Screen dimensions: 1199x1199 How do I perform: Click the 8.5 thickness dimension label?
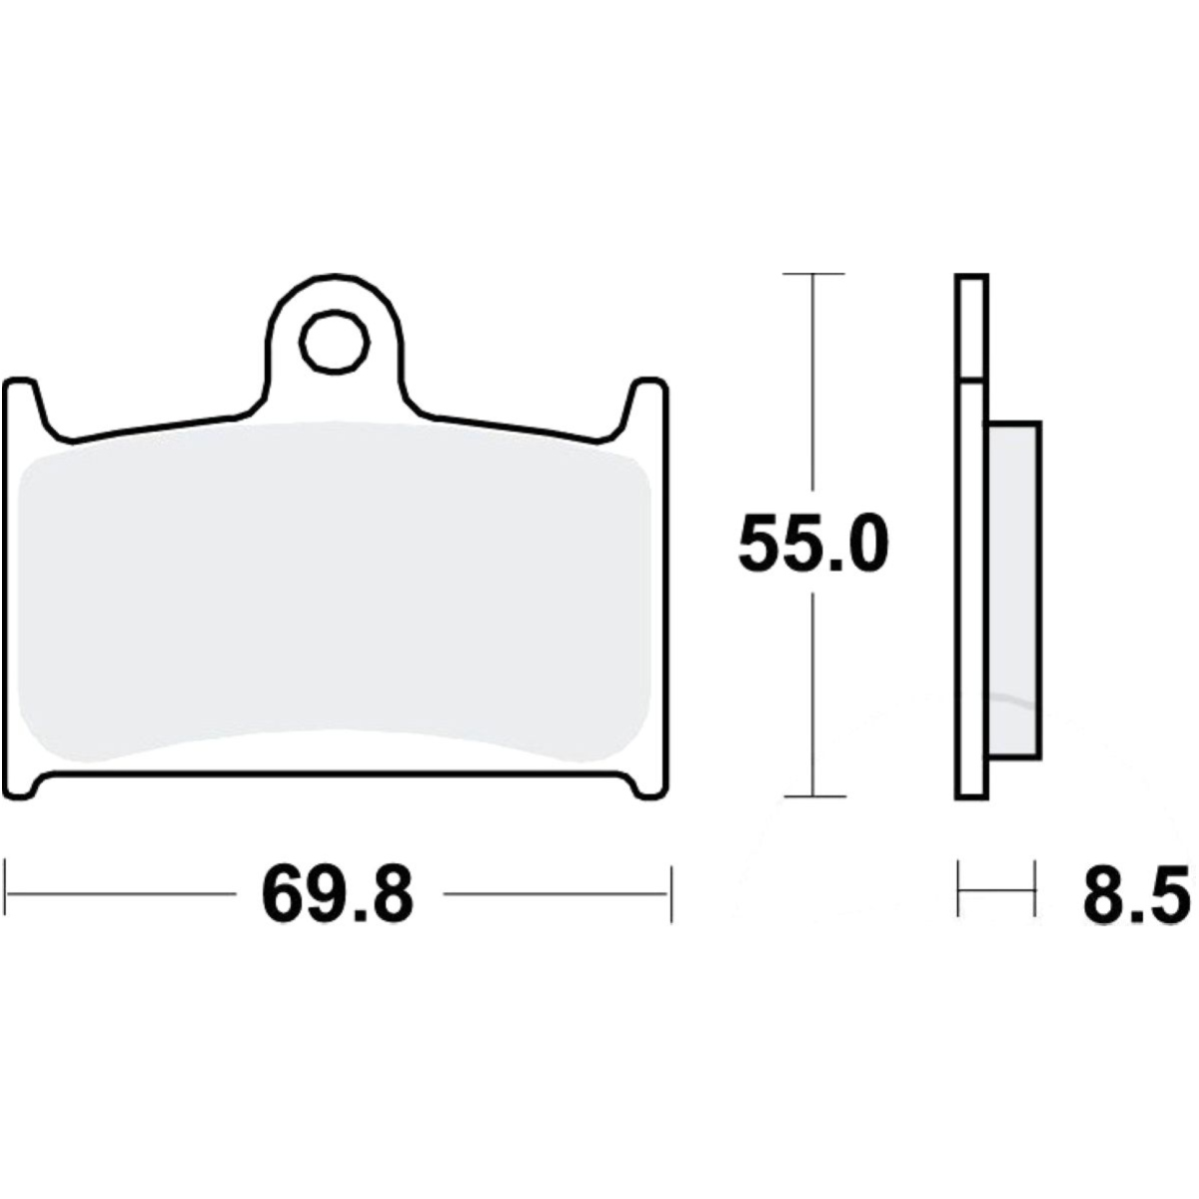(1136, 894)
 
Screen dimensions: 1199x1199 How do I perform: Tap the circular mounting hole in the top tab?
(335, 343)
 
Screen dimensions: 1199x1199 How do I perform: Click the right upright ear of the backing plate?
(646, 405)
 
